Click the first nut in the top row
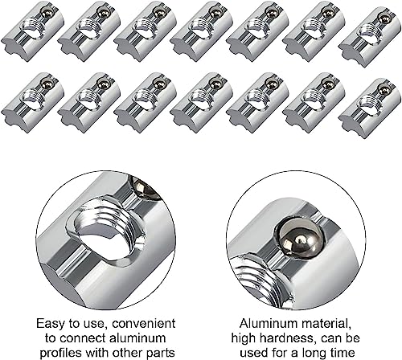[32, 31]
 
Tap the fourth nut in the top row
[199, 31]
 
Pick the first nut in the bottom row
[32, 101]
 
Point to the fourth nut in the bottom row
[199, 101]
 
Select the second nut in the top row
[88, 31]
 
